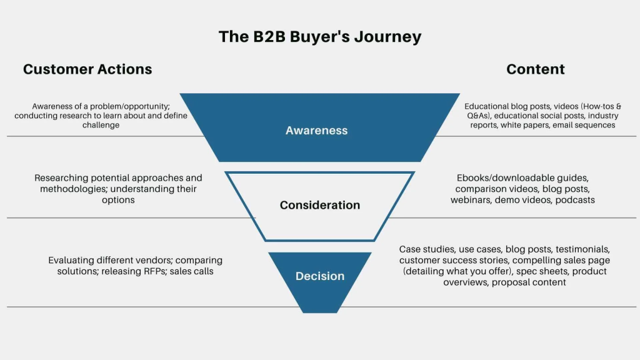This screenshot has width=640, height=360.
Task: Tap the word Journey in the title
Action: tap(388, 37)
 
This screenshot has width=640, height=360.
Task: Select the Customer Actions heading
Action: tap(87, 69)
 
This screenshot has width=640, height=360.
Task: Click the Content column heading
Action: tap(536, 69)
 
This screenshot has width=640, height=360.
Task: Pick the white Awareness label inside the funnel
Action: tap(316, 131)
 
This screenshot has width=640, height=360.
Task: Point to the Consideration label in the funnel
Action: tap(319, 205)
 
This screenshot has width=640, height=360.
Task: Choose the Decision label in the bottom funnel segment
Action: tap(320, 276)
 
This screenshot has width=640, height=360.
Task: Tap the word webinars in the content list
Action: tap(471, 200)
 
